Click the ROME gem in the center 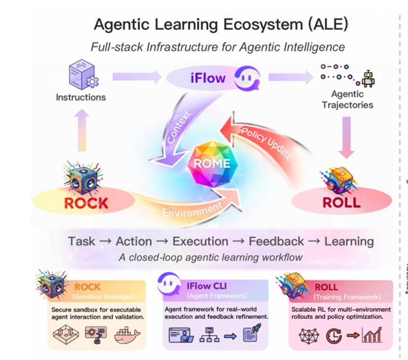[213, 164]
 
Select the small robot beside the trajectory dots [368, 79]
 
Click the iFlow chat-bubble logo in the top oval [247, 78]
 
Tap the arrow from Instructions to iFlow [137, 76]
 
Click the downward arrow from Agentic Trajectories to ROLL [346, 137]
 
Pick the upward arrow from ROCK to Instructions [82, 130]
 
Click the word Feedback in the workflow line [276, 241]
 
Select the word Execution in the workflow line [200, 241]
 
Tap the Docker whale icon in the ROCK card [127, 335]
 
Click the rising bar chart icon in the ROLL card [373, 335]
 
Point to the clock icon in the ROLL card [334, 336]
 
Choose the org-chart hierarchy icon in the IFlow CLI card [209, 335]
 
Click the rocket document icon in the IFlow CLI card [251, 333]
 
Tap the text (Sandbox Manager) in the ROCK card [103, 296]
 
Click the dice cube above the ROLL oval [338, 180]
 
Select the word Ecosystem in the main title [263, 25]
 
